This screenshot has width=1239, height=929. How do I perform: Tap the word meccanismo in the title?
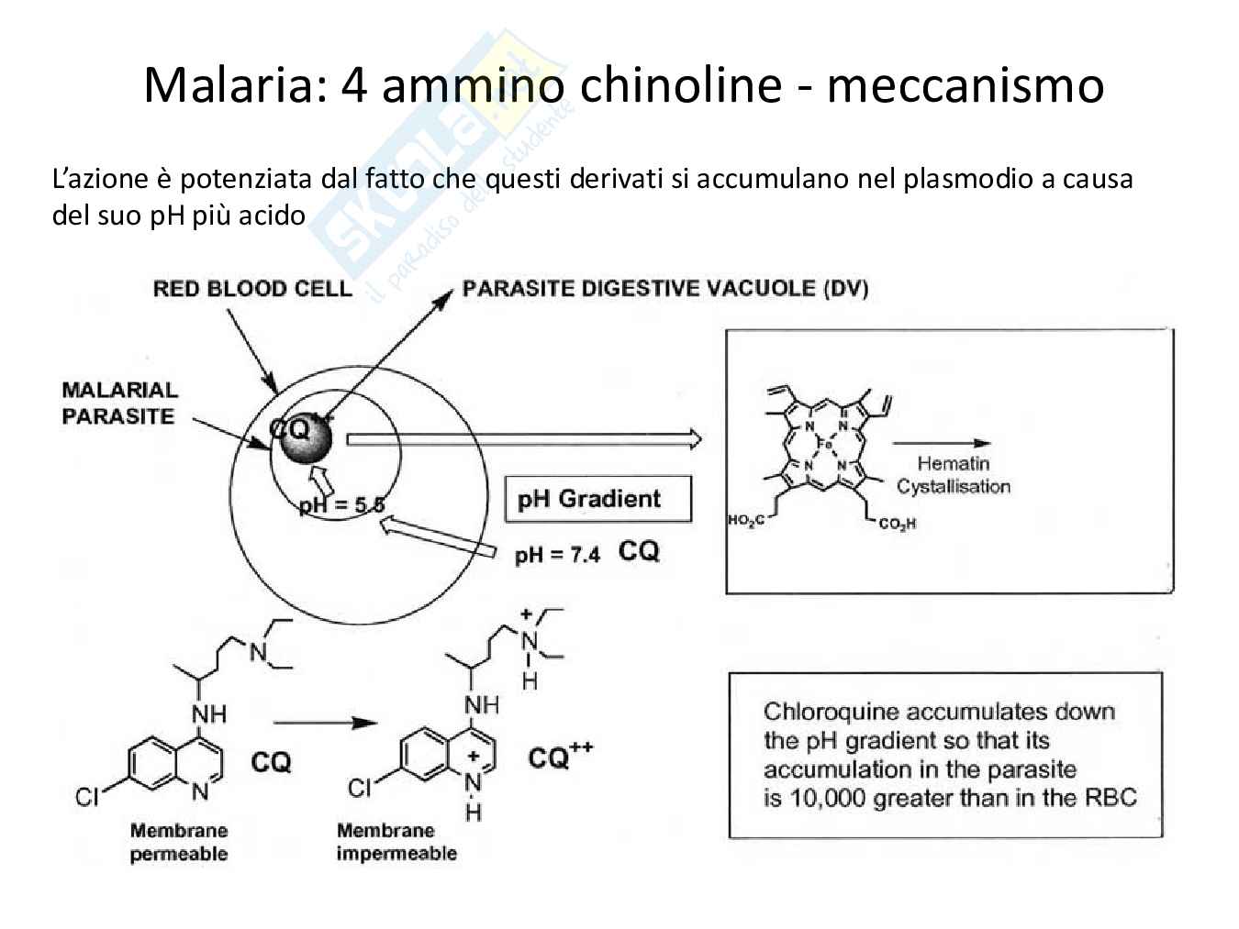tap(965, 85)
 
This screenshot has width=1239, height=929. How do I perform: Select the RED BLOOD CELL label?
tap(252, 289)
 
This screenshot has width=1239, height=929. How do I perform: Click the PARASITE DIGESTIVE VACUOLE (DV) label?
tap(665, 289)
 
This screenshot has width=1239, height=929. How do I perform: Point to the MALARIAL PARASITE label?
tap(119, 404)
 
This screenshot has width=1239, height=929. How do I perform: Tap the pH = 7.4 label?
tap(557, 554)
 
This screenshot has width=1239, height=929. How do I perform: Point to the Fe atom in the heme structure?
tap(824, 444)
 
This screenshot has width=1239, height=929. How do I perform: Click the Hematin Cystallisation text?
tap(953, 475)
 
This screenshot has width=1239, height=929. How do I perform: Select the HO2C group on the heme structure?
tap(745, 521)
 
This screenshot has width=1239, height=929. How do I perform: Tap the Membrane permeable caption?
tap(179, 842)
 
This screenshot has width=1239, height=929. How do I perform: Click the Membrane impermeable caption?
tap(396, 842)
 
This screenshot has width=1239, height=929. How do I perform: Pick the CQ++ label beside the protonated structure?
tap(560, 757)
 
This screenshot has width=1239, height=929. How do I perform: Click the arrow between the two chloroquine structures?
tap(326, 723)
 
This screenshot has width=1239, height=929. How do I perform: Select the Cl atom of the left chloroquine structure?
tap(87, 797)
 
